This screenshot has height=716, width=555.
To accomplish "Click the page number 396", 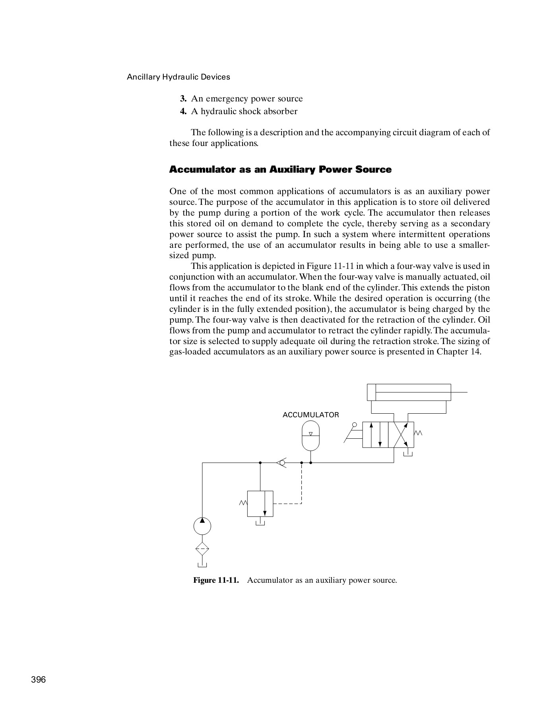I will [x=39, y=679].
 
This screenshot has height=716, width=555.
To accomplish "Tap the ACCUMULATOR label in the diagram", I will [x=310, y=415].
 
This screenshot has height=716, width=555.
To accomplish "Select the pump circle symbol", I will [x=202, y=526].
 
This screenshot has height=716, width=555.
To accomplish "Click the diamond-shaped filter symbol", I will [x=202, y=549].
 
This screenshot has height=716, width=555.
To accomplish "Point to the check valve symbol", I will [x=281, y=463].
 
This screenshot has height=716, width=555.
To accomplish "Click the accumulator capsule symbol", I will [x=310, y=435].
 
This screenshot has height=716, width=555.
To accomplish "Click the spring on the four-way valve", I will [x=418, y=433].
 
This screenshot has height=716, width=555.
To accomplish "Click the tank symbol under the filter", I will [x=202, y=564].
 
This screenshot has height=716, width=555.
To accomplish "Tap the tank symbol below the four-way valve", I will [x=408, y=453].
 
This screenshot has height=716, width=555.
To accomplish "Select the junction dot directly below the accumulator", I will [x=310, y=463].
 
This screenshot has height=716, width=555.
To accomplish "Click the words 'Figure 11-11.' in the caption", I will [x=216, y=580].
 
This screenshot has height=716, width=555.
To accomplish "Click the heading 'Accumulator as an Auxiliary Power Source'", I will [x=280, y=169].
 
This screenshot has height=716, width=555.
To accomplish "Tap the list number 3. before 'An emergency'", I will [x=183, y=99].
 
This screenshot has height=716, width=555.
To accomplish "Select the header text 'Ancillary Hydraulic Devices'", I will [x=178, y=77].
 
